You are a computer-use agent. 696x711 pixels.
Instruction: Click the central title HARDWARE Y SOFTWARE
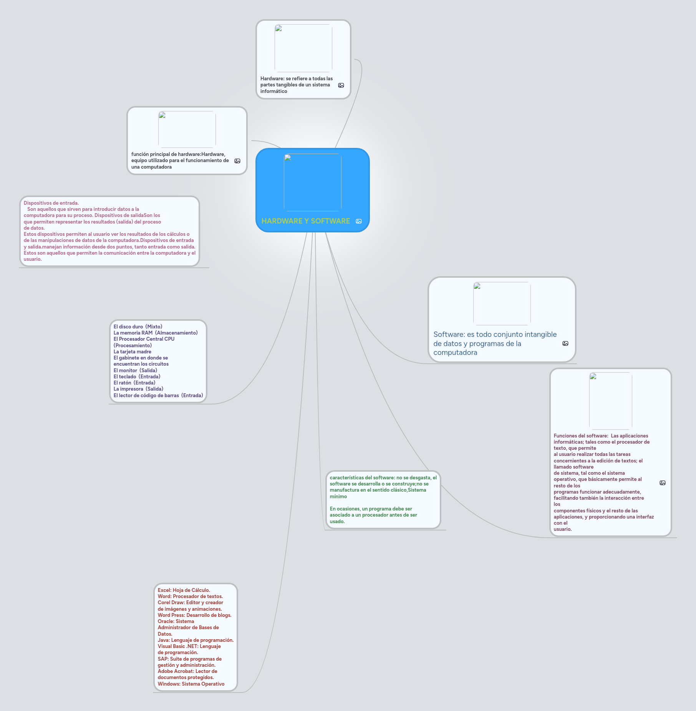305,221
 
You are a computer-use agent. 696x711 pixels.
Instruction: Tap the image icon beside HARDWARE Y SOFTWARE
359,221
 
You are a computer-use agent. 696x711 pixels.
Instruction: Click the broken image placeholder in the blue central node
313,182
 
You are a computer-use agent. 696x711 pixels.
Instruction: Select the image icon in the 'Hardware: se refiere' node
341,85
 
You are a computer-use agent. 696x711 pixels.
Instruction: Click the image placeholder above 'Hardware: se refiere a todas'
303,48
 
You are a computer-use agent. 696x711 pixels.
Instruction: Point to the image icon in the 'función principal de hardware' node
237,161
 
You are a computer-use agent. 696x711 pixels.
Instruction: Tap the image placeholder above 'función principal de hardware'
187,129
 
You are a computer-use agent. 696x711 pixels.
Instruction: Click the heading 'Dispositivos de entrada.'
51,203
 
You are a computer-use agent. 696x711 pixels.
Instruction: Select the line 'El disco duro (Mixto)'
138,326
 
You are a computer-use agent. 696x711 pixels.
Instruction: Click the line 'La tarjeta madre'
132,351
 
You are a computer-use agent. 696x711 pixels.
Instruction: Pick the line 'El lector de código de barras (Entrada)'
158,395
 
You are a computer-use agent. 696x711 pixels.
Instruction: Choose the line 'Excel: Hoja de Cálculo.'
184,590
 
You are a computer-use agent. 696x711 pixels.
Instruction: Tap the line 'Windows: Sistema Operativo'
191,684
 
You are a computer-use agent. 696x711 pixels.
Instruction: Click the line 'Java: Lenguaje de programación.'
196,640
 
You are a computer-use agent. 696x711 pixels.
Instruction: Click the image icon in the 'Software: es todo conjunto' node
565,343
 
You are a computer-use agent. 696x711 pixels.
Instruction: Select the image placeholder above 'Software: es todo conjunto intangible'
502,303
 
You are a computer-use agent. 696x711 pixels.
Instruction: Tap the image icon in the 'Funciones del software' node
663,483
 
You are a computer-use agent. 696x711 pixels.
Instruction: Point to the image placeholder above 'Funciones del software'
611,401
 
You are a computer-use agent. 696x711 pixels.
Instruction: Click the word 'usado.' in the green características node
337,521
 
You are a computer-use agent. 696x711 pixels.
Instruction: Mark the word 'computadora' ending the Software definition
455,353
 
